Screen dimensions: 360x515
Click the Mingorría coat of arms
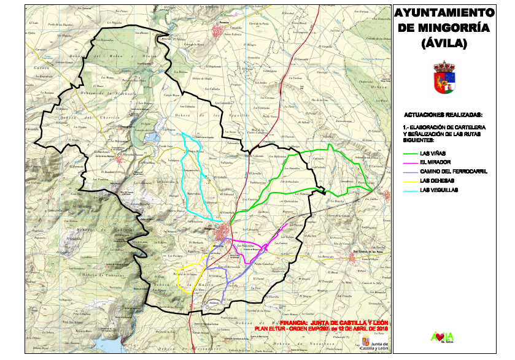443,77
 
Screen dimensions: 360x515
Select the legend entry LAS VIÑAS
433,153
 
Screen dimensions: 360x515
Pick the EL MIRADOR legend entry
435,163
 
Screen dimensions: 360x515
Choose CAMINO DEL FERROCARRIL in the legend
454,172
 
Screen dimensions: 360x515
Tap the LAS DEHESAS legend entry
437,181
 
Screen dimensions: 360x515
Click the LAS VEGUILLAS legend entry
439,190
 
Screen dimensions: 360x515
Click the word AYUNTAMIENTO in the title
444,12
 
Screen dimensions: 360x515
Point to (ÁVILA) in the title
444,44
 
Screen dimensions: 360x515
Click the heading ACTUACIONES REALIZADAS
443,115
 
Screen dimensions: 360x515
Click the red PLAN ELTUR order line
317,329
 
